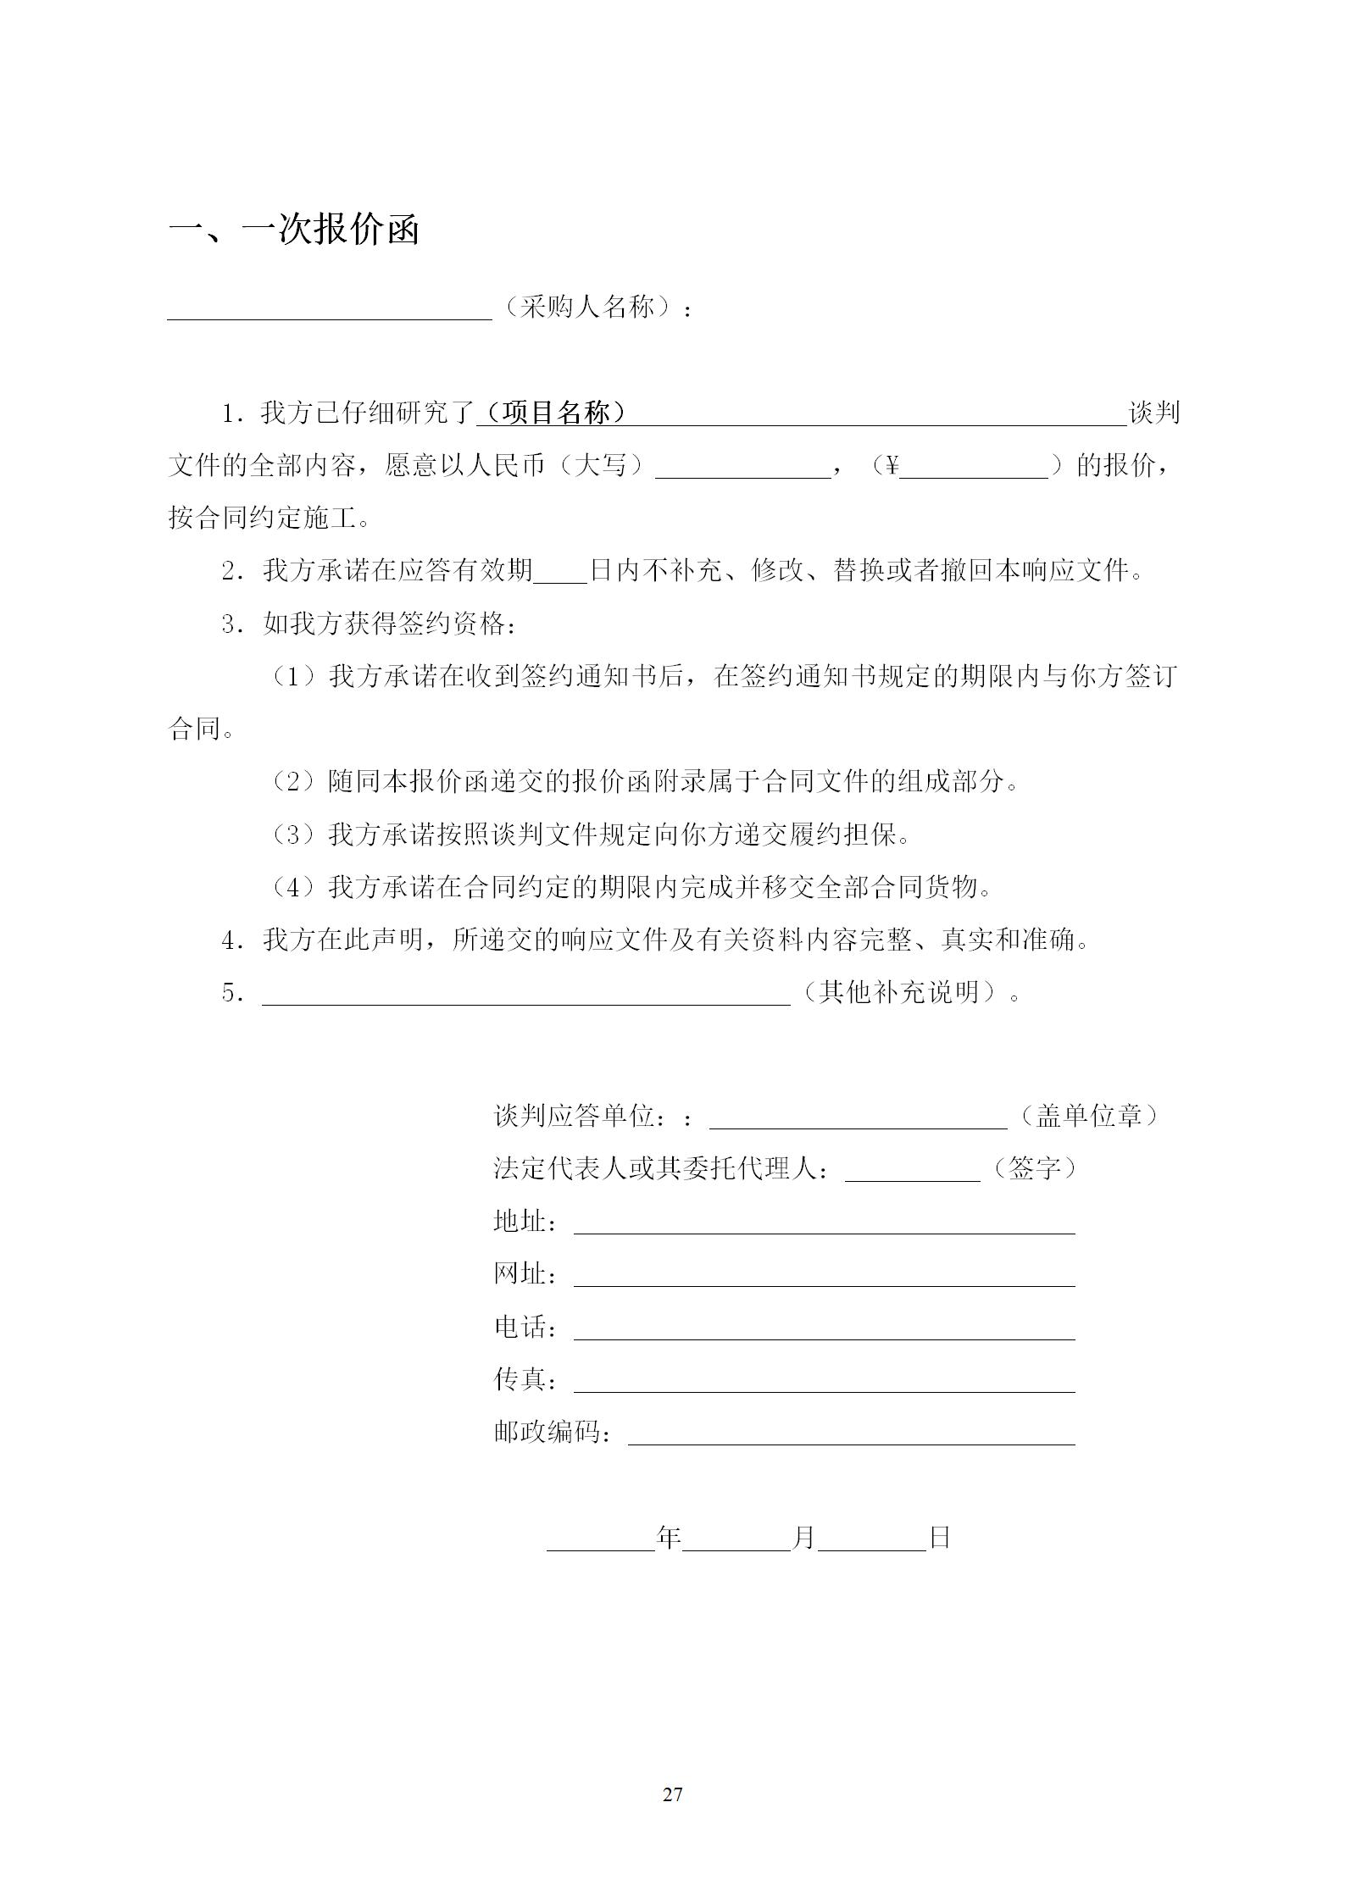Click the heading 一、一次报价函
click(x=293, y=230)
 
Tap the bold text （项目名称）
click(x=552, y=413)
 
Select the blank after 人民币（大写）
click(x=742, y=469)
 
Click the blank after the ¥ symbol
click(x=973, y=469)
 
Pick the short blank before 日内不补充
click(x=560, y=574)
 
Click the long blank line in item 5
click(x=525, y=995)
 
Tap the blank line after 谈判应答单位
click(x=858, y=1119)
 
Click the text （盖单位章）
click(x=1088, y=1116)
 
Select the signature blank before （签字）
click(x=912, y=1172)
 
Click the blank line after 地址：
click(x=824, y=1225)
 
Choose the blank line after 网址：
click(x=824, y=1278)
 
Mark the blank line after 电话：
click(x=824, y=1331)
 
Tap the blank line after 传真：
click(x=824, y=1384)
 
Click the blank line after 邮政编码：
click(x=851, y=1436)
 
